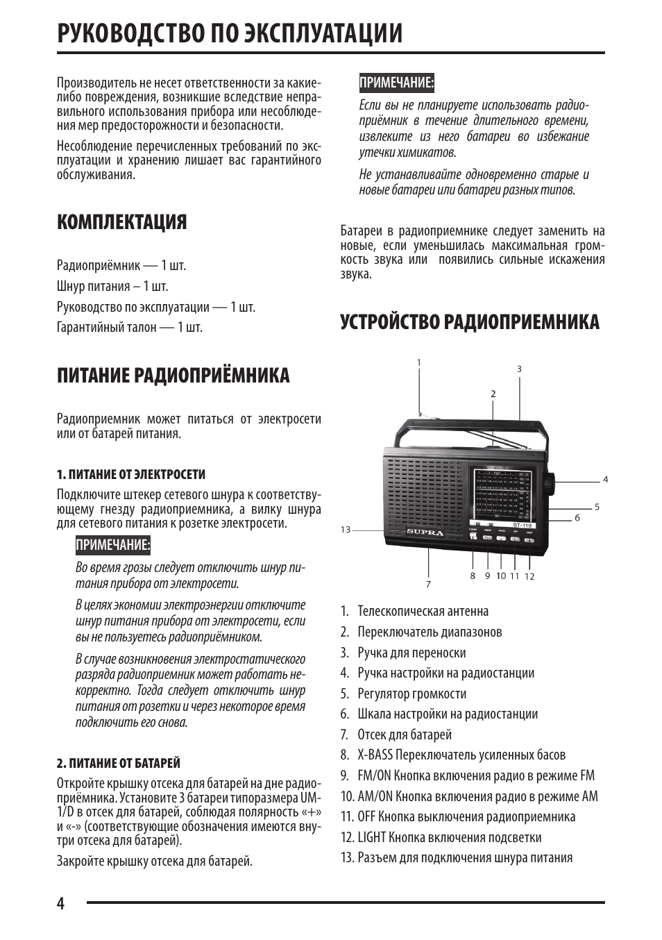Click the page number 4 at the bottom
point(61,903)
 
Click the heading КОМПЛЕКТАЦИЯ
point(122,222)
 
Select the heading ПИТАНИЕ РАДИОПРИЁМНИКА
point(173,376)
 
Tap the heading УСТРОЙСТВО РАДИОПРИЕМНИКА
point(470,322)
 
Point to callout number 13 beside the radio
point(346,530)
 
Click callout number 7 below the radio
point(429,584)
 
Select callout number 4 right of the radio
point(605,479)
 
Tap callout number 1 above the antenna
point(419,362)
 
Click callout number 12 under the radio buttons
point(529,576)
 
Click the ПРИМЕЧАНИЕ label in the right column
point(396,83)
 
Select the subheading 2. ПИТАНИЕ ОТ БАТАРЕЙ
point(119,763)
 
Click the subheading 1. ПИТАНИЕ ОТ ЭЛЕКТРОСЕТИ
point(131,475)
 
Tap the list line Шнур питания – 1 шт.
point(112,286)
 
